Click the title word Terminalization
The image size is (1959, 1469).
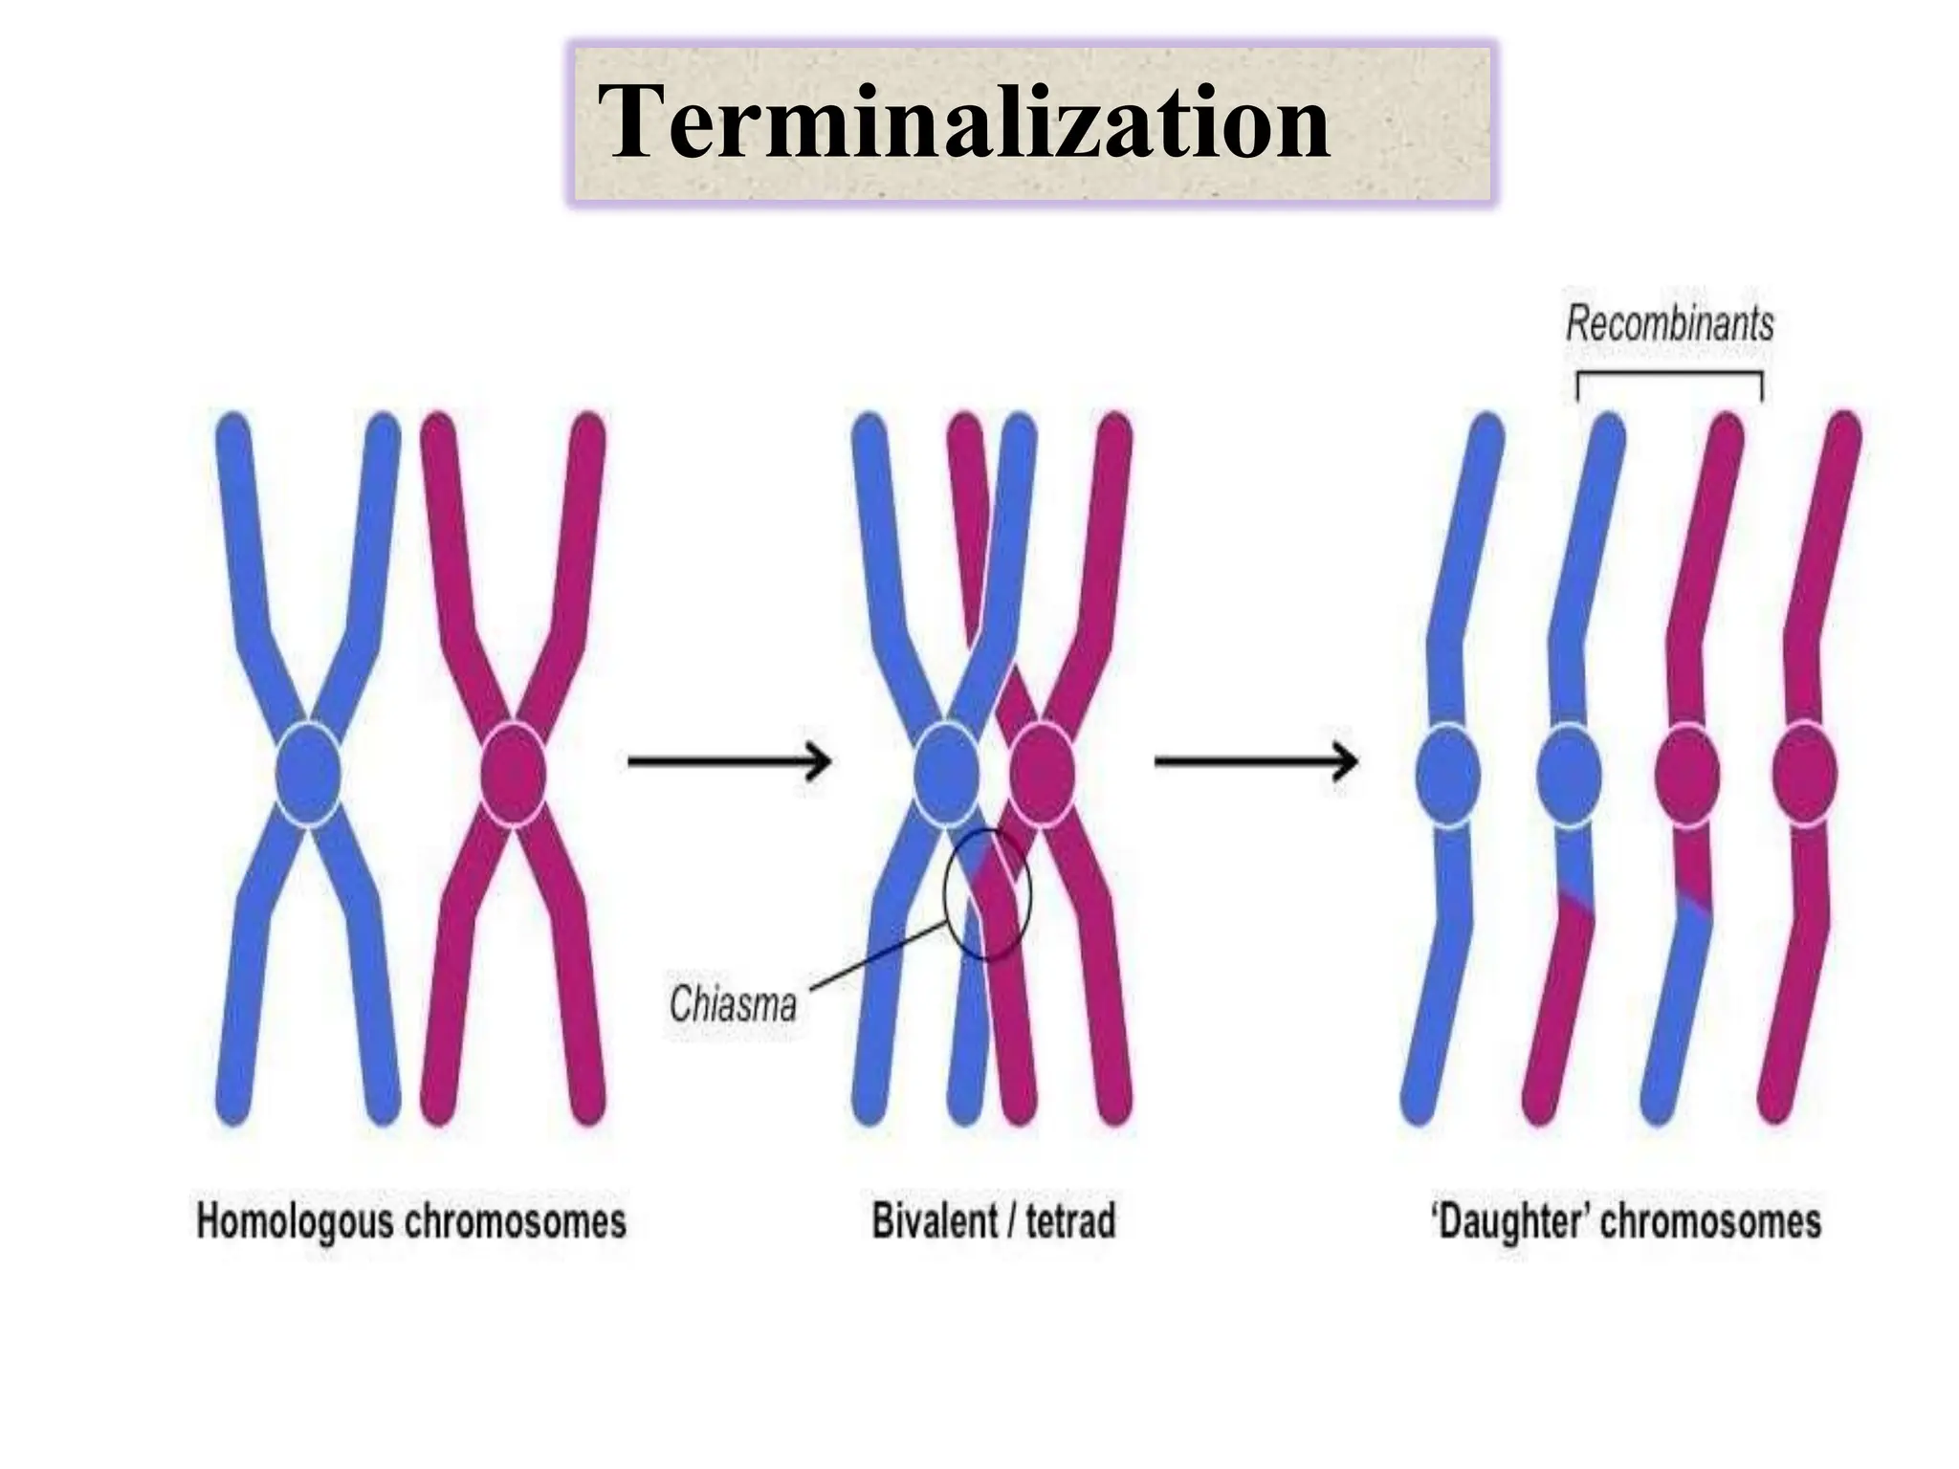point(963,122)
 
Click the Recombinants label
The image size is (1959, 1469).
point(1669,324)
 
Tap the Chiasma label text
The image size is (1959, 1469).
point(733,1003)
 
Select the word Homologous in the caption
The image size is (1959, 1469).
point(294,1222)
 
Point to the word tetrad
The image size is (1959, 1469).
point(1070,1221)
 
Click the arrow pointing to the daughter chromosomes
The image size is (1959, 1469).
point(1256,761)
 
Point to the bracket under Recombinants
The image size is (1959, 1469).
point(1669,375)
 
